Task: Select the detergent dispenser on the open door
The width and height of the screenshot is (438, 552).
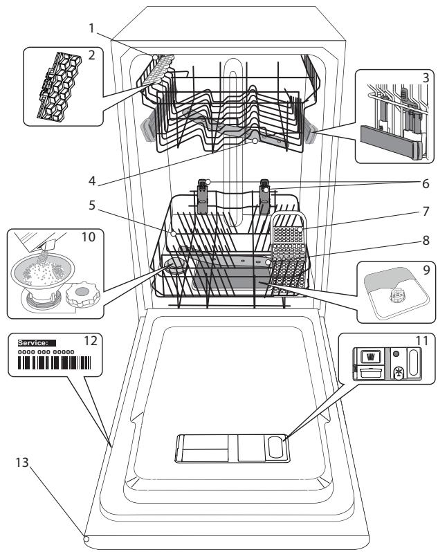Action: click(232, 448)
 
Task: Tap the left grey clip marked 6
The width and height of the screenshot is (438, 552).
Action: click(202, 197)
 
